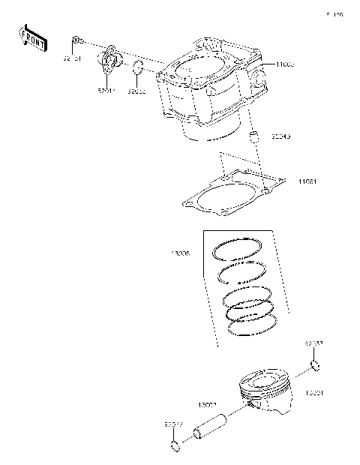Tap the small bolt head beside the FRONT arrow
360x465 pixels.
click(76, 40)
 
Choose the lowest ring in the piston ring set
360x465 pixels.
click(252, 324)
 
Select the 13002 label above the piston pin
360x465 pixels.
click(207, 405)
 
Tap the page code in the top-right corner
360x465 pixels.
click(334, 14)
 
